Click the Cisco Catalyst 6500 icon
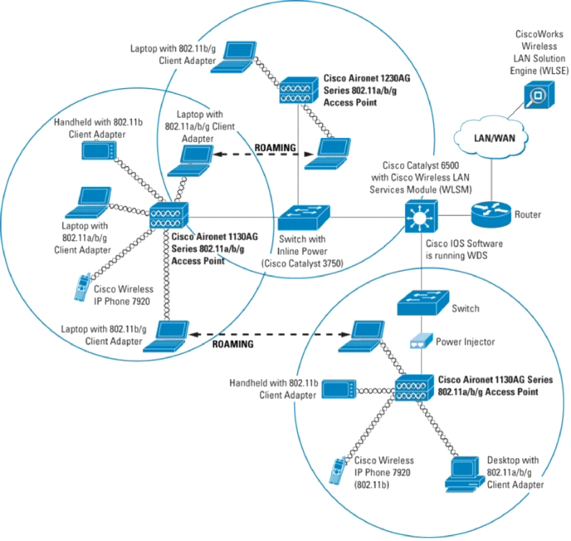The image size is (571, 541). click(421, 218)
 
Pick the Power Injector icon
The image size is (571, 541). click(420, 341)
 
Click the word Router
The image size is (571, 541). click(528, 214)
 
